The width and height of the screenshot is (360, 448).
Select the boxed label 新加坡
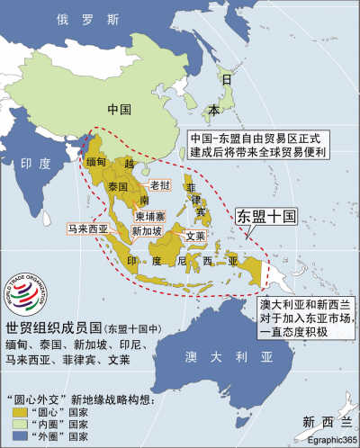pyautogui.click(x=147, y=231)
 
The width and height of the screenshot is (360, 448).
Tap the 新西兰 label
pyautogui.click(x=322, y=420)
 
